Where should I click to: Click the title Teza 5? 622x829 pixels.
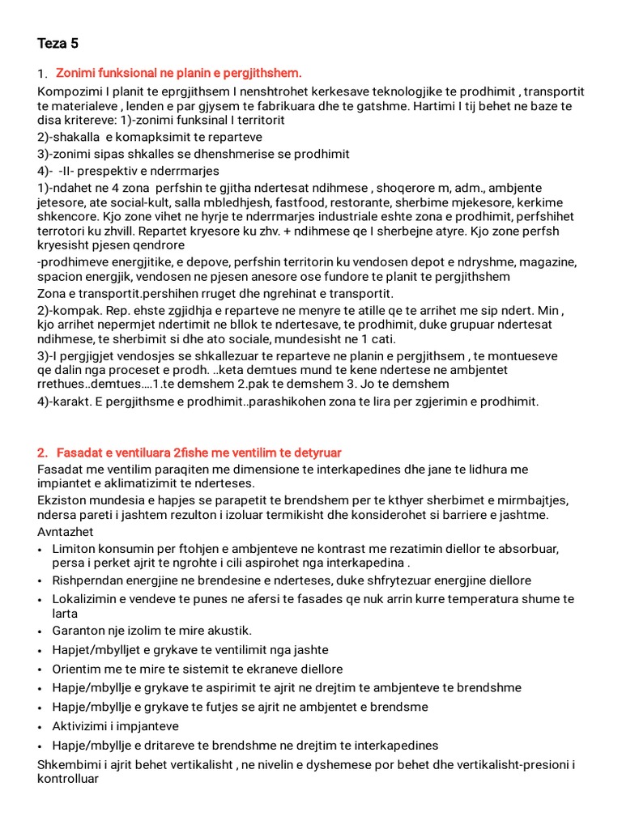point(58,43)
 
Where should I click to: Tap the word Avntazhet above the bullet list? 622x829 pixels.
point(66,531)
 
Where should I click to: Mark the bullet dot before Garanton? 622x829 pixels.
point(41,631)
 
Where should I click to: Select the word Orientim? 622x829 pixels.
point(79,669)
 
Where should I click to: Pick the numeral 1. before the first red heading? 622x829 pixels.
point(43,74)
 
